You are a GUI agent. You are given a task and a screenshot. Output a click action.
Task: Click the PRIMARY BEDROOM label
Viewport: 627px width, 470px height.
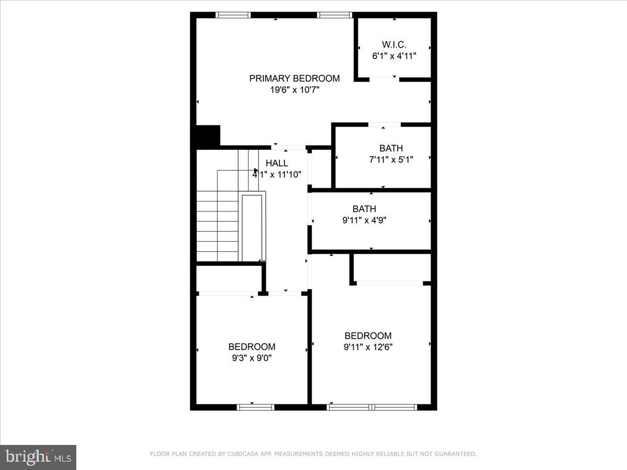[294, 78]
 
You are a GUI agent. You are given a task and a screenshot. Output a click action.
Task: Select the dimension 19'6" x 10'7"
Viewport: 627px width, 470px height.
[294, 90]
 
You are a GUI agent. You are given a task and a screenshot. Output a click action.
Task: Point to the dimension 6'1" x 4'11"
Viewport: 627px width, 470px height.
[394, 55]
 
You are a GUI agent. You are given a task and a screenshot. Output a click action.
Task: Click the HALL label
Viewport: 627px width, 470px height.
[277, 163]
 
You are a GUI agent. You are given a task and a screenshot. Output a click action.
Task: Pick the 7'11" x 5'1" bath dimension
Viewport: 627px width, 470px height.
[391, 160]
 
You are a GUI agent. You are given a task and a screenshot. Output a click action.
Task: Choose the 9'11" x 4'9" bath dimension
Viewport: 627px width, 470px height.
[364, 220]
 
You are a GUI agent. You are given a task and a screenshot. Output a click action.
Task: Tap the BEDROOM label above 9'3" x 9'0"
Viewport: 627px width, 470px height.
[251, 347]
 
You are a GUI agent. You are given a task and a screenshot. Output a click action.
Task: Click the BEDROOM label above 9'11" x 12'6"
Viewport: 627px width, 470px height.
[368, 336]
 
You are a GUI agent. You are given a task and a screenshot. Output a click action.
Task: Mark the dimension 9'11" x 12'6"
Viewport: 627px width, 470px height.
[368, 347]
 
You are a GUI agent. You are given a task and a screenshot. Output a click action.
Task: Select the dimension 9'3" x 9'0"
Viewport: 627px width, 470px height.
[251, 358]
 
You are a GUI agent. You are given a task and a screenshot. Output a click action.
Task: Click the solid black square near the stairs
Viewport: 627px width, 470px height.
[208, 136]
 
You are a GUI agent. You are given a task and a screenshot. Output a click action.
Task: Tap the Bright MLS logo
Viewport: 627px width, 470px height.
[38, 457]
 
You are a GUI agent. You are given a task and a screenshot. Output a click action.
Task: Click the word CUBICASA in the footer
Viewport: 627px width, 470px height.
[242, 454]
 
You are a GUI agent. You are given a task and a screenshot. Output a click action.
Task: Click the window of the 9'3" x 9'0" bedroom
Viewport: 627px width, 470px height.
[256, 407]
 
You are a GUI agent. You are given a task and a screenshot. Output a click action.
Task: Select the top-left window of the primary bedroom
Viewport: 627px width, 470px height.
[233, 15]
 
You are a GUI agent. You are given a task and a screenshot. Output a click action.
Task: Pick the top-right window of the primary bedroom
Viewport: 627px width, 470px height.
[335, 15]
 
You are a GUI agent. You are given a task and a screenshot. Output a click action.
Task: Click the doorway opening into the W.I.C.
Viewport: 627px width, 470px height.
[384, 79]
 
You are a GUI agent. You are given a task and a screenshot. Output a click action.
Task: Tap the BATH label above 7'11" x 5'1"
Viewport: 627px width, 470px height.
[391, 148]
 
